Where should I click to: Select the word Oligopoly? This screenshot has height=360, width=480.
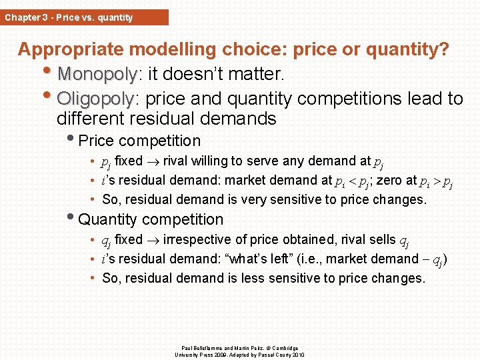tap(96, 99)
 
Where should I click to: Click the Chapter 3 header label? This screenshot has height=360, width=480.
tap(69, 17)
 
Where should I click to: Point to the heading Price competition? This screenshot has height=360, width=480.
tap(139, 141)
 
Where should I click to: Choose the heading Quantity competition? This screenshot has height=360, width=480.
tap(151, 219)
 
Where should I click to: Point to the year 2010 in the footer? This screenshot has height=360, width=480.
tap(297, 354)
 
